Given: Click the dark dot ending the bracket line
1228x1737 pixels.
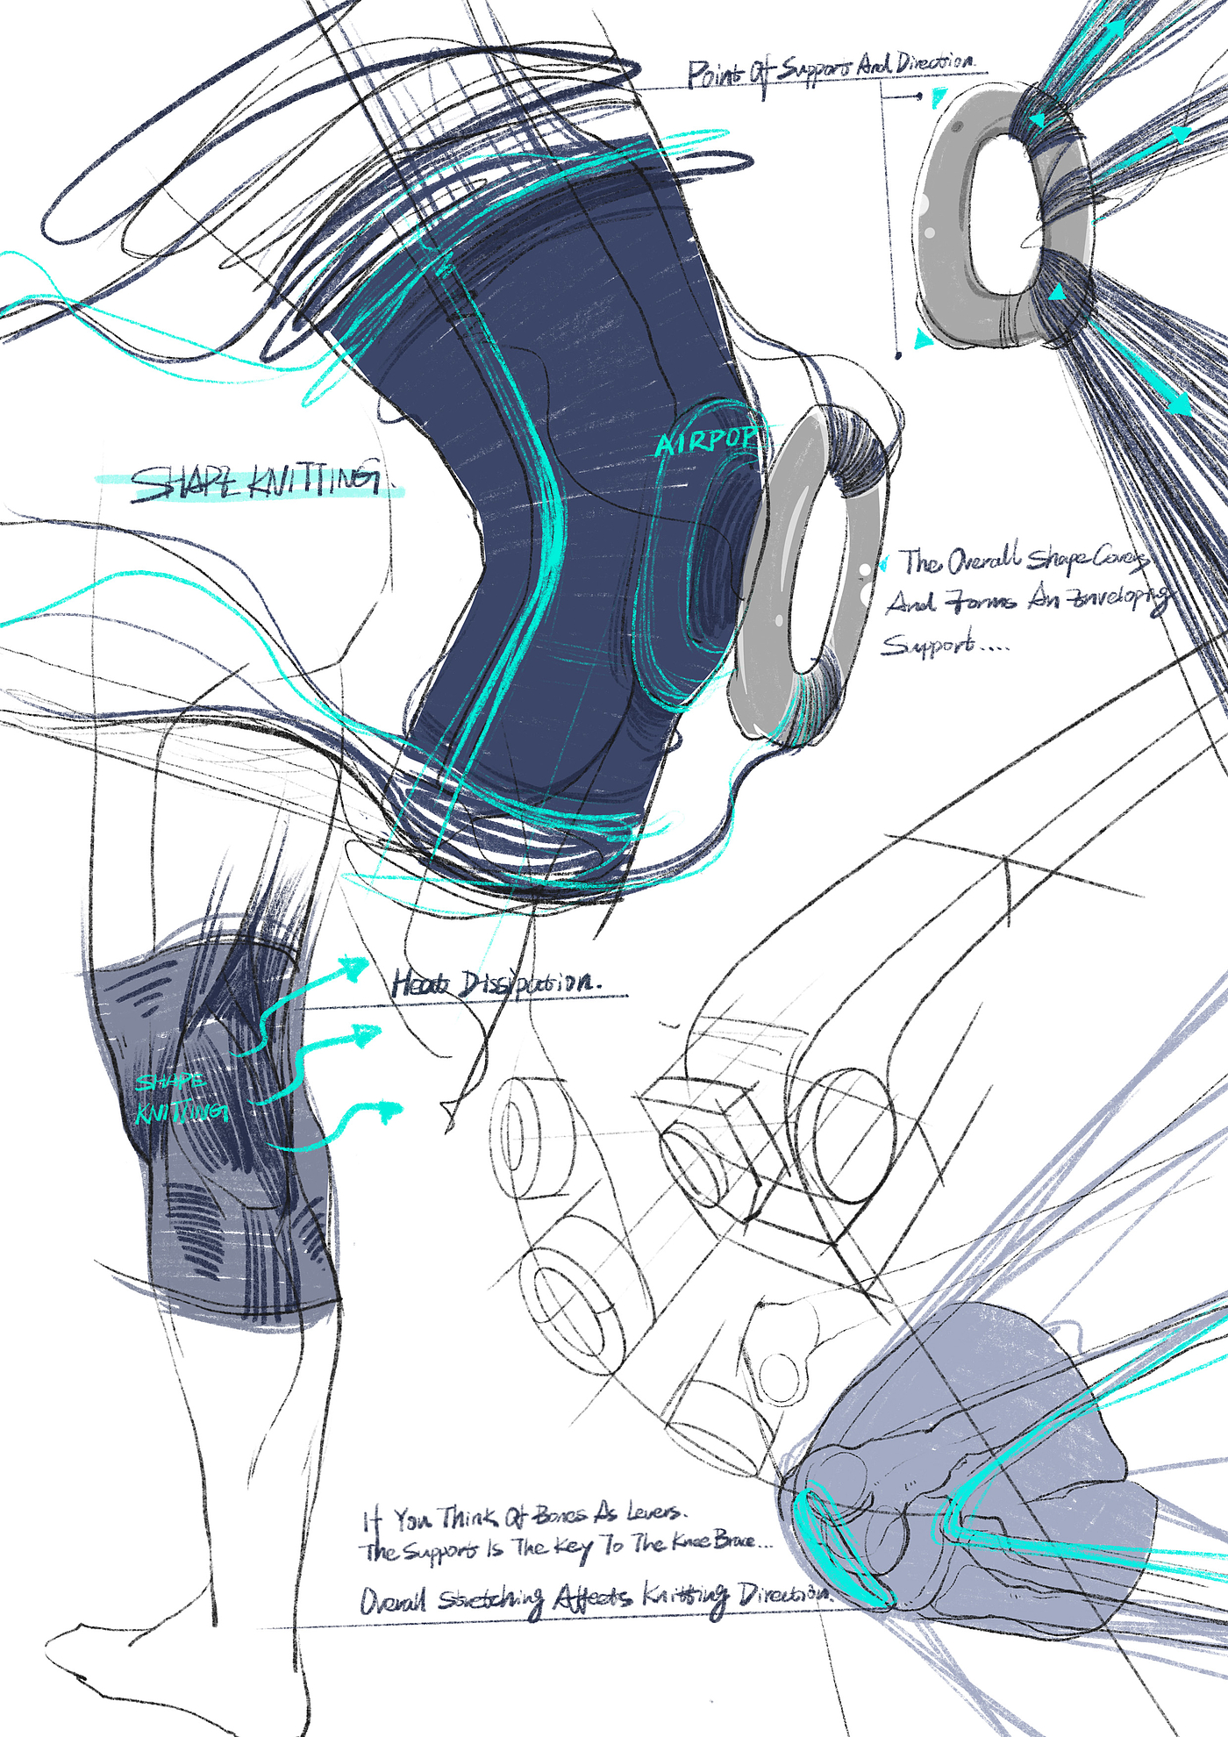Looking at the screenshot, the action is pos(897,355).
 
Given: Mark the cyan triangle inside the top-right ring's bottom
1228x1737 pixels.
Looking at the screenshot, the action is pos(1057,292).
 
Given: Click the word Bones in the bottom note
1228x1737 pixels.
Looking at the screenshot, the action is pos(560,1514).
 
